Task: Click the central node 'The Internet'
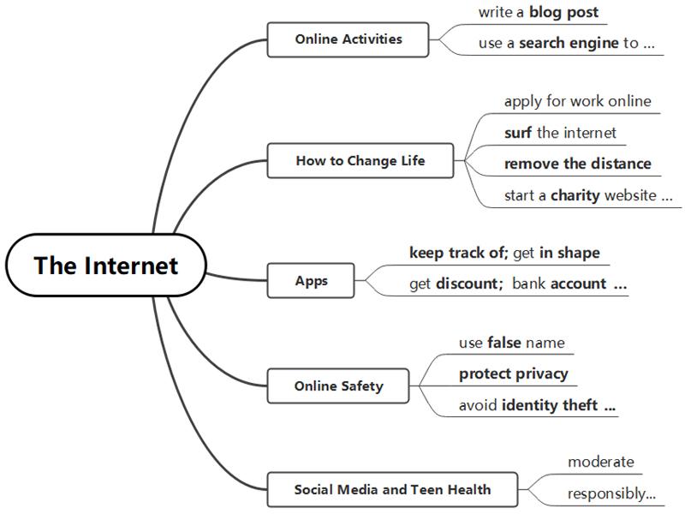click(105, 265)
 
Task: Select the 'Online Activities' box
click(348, 39)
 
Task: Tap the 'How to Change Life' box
click(360, 160)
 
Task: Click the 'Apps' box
click(311, 281)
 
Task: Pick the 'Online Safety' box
click(338, 386)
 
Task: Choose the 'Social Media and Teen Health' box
click(392, 489)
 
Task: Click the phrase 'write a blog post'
click(539, 12)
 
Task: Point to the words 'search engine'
click(569, 43)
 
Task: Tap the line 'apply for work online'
click(577, 101)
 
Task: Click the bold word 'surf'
click(518, 133)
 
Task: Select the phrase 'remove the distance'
click(577, 164)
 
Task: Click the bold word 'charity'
click(575, 195)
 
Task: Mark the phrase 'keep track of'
click(457, 253)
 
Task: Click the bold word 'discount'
click(467, 284)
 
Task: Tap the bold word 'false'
click(504, 343)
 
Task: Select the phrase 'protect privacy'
click(513, 374)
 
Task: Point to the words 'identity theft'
click(550, 405)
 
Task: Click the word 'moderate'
click(601, 462)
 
